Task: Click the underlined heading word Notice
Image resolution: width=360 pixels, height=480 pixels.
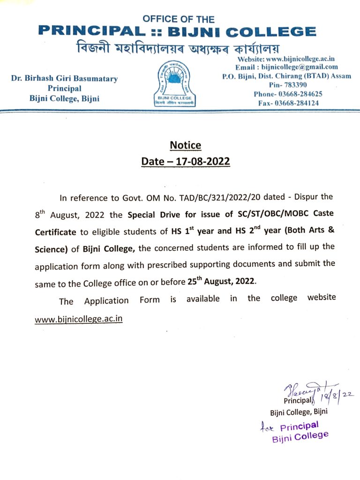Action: point(185,145)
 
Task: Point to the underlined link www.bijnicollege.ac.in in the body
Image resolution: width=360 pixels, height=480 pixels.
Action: point(79,319)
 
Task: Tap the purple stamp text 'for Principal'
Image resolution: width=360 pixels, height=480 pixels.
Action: point(290,427)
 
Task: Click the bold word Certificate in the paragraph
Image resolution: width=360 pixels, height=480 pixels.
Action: point(55,232)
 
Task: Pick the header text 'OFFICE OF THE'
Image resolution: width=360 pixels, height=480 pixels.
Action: point(179,20)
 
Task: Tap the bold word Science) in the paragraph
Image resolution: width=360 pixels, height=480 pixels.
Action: point(52,249)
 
